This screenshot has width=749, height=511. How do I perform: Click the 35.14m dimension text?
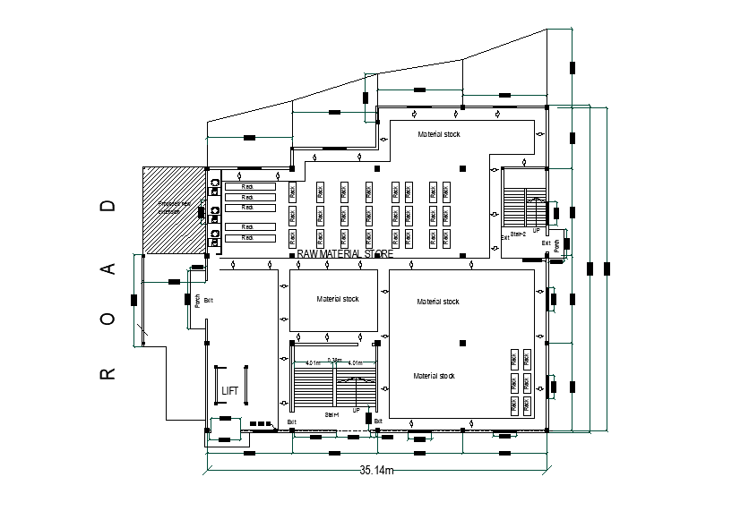point(377,470)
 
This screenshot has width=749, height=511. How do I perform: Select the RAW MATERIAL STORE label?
point(345,254)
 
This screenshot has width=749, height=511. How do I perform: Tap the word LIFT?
point(230,391)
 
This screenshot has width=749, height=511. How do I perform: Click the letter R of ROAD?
point(108,372)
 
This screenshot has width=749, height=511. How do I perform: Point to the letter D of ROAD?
point(108,206)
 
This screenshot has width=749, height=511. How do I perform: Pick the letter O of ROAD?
point(108,319)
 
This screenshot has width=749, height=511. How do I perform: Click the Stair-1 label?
point(334,414)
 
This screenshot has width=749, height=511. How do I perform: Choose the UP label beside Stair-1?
point(356,410)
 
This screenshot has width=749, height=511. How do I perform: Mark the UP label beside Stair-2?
point(537,230)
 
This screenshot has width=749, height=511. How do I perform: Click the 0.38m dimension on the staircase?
point(334,360)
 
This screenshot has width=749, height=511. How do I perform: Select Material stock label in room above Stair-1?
point(337,299)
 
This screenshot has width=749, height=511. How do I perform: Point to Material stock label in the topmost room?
point(439,134)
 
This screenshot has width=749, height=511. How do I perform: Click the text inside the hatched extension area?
point(172,208)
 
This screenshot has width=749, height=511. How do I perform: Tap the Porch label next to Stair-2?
point(556,244)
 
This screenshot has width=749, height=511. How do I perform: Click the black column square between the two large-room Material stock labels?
point(462,342)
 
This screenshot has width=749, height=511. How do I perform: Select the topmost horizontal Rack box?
point(248,186)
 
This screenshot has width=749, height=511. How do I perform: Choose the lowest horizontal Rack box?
point(248,237)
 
